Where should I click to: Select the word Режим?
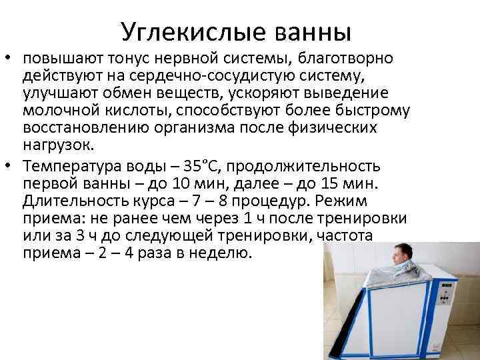(355, 201)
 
